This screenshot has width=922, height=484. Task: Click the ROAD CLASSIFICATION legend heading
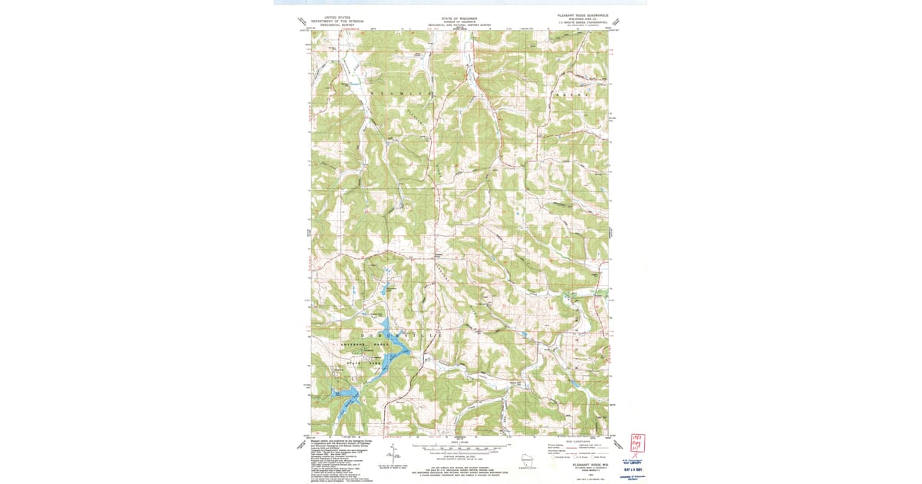click(578, 441)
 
